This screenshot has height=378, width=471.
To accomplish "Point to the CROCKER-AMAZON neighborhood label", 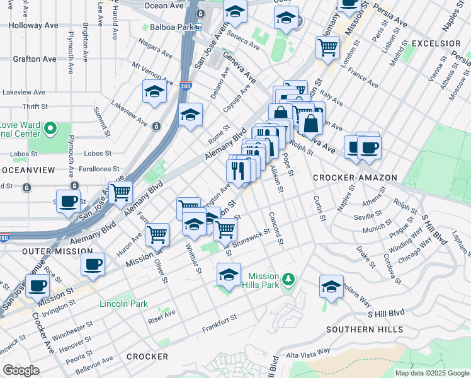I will pyautogui.click(x=356, y=178).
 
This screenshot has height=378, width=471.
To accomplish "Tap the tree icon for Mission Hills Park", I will pyautogui.click(x=288, y=278).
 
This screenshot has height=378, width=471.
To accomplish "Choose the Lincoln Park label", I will pyautogui.click(x=123, y=304).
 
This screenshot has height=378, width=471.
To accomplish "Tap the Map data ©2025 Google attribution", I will pyautogui.click(x=432, y=373).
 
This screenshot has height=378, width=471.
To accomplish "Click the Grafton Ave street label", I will pyautogui.click(x=35, y=59).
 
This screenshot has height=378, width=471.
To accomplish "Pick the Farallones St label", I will pyautogui.click(x=95, y=169).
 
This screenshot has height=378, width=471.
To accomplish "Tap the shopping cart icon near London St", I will pyautogui.click(x=328, y=46).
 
